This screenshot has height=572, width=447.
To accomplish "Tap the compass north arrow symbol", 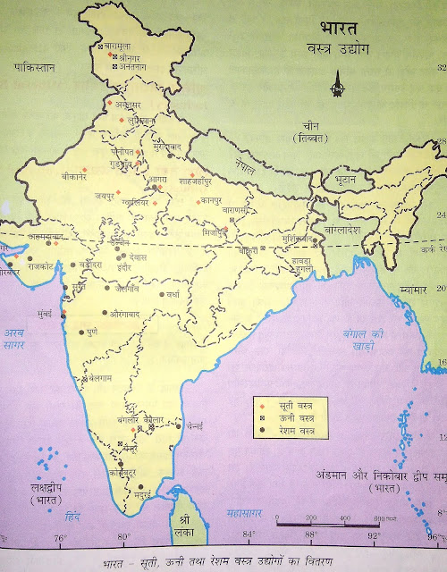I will [335, 87].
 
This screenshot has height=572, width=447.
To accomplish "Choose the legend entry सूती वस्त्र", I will [292, 407].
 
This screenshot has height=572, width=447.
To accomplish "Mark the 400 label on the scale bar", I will [344, 519].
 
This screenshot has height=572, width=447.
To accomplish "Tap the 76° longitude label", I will [61, 536].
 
